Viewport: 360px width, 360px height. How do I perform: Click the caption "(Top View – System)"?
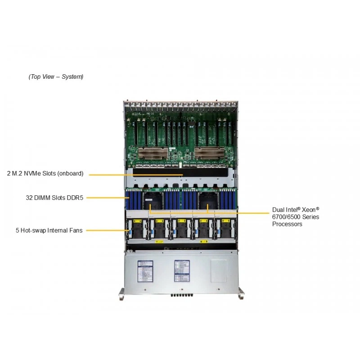click(x=56, y=76)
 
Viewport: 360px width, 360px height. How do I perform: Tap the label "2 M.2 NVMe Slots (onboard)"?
click(x=45, y=173)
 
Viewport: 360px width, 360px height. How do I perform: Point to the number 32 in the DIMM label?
click(x=29, y=198)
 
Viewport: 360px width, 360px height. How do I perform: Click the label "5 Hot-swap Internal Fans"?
click(x=49, y=230)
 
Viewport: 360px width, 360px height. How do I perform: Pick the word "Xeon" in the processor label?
click(x=308, y=210)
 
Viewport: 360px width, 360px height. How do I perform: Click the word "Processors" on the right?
click(x=287, y=224)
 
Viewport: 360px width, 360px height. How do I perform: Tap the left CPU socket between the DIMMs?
click(x=153, y=200)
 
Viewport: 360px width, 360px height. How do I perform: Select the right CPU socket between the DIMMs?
click(x=209, y=200)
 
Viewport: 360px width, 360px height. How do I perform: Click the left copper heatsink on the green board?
click(x=153, y=153)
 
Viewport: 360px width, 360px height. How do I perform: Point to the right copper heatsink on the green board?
click(x=209, y=153)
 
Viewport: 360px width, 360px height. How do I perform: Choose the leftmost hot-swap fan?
click(x=137, y=229)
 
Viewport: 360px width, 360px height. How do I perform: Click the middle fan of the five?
click(x=181, y=229)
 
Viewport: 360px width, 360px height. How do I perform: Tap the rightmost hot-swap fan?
click(x=226, y=229)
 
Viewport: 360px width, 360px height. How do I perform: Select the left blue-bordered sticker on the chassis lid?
click(x=145, y=271)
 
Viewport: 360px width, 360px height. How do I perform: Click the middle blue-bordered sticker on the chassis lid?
click(x=182, y=271)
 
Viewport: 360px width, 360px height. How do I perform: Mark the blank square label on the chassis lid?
click(x=219, y=271)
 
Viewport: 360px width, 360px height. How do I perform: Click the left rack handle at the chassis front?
click(x=121, y=294)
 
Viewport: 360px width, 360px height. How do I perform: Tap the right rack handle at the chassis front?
click(x=241, y=293)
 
